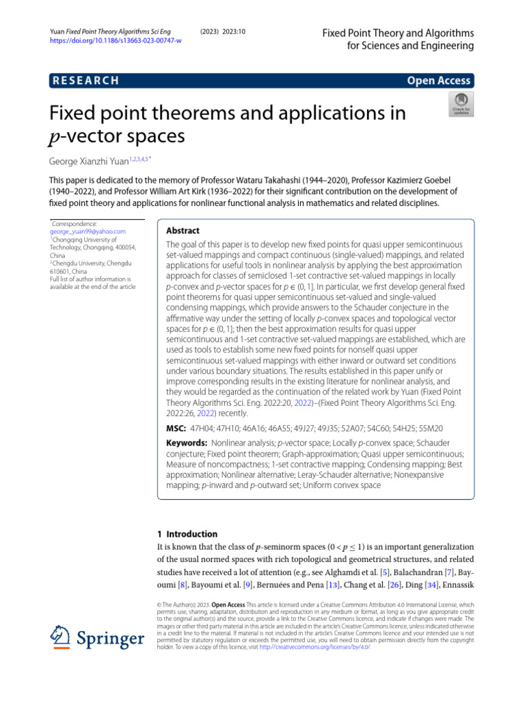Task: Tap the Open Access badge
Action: pyautogui.click(x=438, y=81)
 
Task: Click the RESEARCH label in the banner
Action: pyautogui.click(x=85, y=81)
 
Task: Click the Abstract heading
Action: pyautogui.click(x=183, y=231)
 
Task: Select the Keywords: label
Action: pyautogui.click(x=188, y=443)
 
